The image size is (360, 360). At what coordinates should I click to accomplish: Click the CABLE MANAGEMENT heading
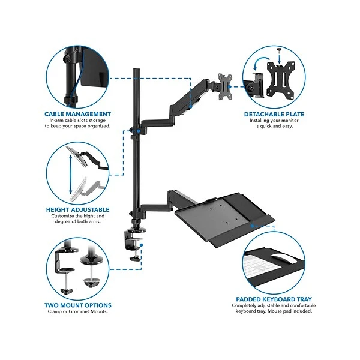pyautogui.click(x=77, y=114)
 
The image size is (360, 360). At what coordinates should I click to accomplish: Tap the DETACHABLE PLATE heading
pyautogui.click(x=274, y=115)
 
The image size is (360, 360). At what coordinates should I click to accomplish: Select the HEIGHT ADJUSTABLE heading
pyautogui.click(x=77, y=209)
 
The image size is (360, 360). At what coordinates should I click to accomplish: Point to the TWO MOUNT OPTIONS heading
pyautogui.click(x=77, y=305)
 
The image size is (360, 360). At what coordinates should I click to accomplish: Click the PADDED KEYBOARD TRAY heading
pyautogui.click(x=274, y=299)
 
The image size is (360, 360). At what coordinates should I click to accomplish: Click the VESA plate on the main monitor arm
pyautogui.click(x=225, y=87)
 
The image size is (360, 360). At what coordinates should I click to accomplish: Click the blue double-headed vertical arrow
pyautogui.click(x=71, y=175)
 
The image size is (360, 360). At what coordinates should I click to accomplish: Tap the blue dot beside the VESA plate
pyautogui.click(x=229, y=87)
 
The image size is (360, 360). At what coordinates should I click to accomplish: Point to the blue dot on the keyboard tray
pyautogui.click(x=252, y=226)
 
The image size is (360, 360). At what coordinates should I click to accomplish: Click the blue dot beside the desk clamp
pyautogui.click(x=141, y=245)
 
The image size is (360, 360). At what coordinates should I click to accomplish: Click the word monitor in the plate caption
pyautogui.click(x=290, y=121)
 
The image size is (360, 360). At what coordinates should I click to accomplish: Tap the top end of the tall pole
pyautogui.click(x=137, y=68)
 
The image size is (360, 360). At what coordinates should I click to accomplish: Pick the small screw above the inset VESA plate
pyautogui.click(x=279, y=49)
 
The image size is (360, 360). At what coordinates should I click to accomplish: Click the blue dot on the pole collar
pyautogui.click(x=139, y=131)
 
